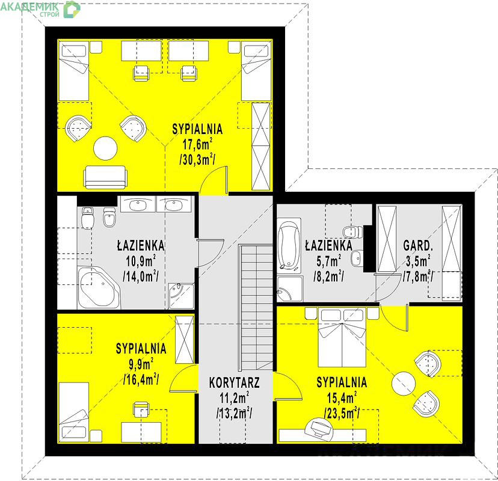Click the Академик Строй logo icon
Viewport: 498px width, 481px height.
(72, 9)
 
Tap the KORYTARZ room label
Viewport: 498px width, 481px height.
(235, 382)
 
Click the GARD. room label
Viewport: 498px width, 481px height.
(418, 245)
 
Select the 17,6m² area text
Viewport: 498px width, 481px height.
(197, 144)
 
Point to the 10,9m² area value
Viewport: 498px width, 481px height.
(141, 261)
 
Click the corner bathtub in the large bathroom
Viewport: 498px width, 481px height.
(99, 287)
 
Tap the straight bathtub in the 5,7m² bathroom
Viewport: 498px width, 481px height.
(289, 245)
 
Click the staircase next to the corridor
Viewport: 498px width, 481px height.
(256, 307)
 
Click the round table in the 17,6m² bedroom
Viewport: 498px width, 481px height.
(105, 149)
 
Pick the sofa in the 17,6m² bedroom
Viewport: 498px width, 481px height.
(105, 177)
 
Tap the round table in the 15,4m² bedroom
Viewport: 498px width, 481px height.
(404, 383)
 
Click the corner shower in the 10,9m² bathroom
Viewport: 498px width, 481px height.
(181, 296)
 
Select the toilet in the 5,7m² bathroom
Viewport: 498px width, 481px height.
(353, 231)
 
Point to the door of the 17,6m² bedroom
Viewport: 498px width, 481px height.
(214, 180)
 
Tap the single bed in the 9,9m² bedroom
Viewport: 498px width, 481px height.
(74, 412)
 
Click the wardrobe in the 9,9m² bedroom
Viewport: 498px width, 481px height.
(185, 339)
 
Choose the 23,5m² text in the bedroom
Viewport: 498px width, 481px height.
(342, 414)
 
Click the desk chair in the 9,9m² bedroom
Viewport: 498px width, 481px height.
(141, 409)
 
